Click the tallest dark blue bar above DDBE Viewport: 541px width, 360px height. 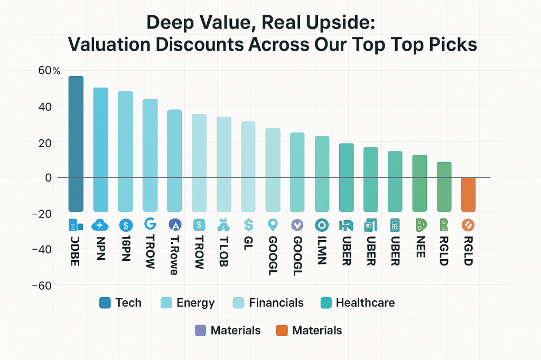76,143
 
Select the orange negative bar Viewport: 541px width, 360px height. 468,194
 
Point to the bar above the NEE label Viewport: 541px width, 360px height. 419,183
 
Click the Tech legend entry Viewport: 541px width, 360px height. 120,302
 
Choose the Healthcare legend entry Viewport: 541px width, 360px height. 358,302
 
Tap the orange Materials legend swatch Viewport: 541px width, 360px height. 282,331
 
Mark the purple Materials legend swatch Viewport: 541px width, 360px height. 200,331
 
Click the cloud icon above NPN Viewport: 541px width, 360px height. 100,225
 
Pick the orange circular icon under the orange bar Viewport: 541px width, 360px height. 468,225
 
